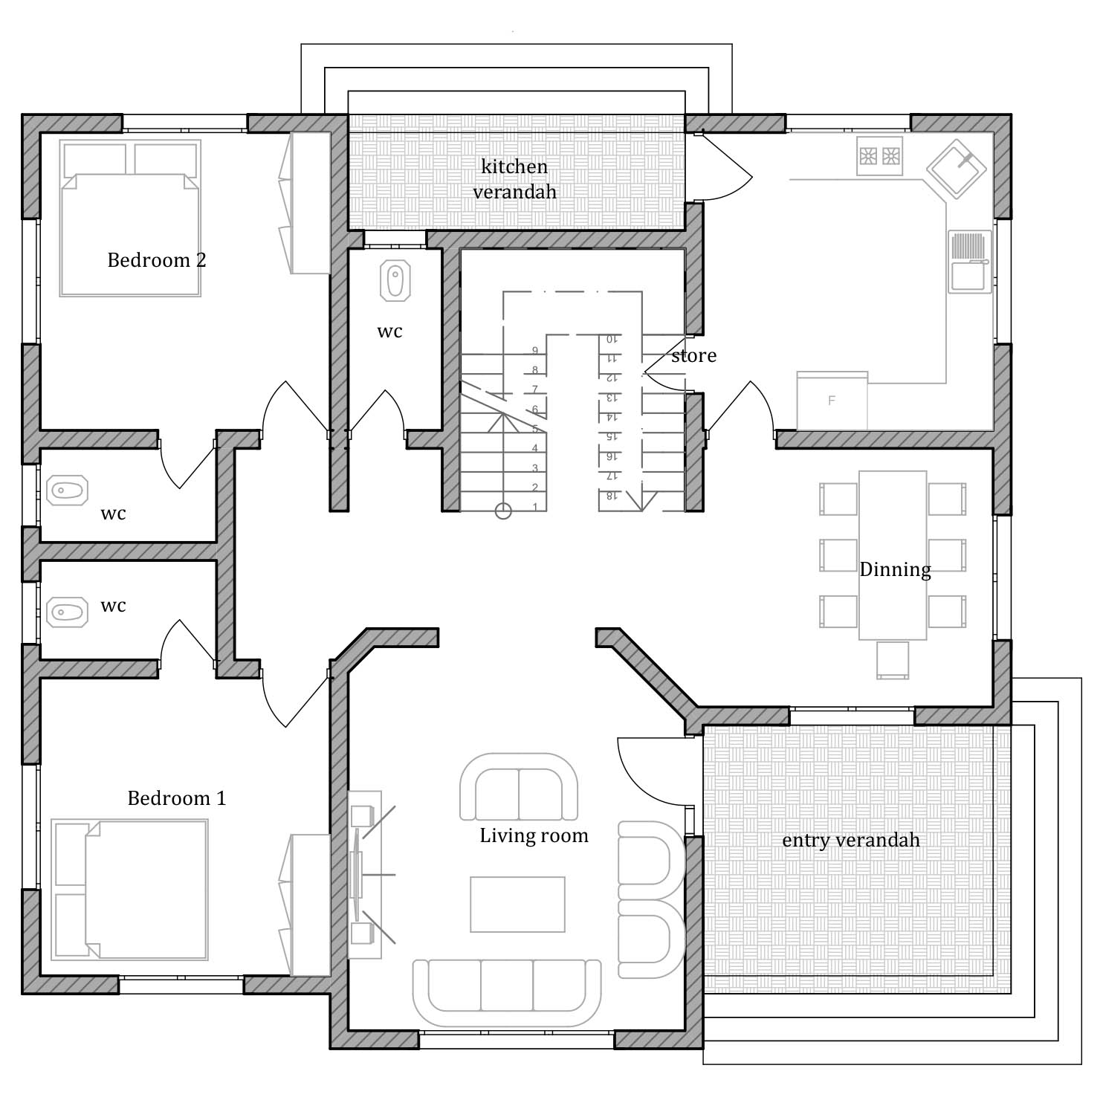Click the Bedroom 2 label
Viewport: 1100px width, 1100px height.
(157, 260)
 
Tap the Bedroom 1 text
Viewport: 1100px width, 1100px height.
(177, 798)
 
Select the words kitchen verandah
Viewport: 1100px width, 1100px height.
(515, 178)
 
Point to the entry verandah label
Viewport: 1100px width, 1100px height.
(851, 841)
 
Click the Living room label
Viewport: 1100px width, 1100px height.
(534, 836)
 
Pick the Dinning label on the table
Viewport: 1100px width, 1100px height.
(895, 570)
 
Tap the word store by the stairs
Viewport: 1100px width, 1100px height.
(694, 356)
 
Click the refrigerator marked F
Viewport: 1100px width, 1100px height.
(832, 401)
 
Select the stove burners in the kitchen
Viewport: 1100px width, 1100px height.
(879, 156)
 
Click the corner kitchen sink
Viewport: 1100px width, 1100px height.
(957, 168)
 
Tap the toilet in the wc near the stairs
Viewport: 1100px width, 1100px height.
(395, 281)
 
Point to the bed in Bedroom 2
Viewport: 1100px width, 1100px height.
(130, 219)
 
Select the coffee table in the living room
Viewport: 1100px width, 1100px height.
(517, 904)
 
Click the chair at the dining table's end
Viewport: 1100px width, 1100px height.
(892, 660)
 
